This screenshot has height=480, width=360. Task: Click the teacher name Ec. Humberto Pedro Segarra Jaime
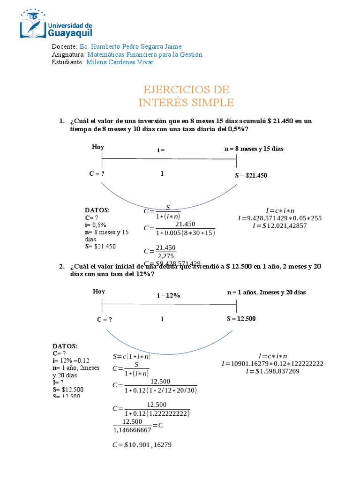tap(131, 46)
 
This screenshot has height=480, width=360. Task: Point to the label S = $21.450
tap(251, 175)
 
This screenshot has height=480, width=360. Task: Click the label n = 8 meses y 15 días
tap(254, 149)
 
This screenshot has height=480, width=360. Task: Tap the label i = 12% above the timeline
tap(169, 295)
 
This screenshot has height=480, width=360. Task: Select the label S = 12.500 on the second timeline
tap(241, 319)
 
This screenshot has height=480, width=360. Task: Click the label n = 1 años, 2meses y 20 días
tap(266, 292)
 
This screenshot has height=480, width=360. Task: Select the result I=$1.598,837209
tap(272, 372)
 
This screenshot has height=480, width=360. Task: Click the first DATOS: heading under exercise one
tap(97, 210)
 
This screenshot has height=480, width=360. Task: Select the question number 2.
tap(61, 266)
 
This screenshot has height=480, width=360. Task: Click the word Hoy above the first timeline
tap(98, 147)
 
